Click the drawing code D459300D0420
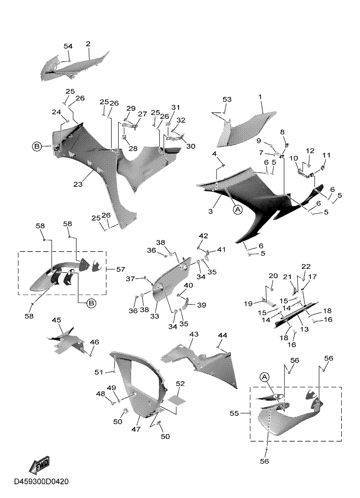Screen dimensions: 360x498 (41, 482)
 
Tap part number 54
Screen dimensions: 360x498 (68, 46)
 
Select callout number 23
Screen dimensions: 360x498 (78, 184)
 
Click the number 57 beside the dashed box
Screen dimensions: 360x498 (120, 269)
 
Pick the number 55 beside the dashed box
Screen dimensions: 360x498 (234, 413)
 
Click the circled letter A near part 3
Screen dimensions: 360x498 (237, 209)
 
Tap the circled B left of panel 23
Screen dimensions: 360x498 (37, 147)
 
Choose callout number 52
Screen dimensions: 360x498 (180, 384)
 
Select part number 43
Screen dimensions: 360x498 (194, 334)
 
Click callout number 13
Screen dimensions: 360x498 (304, 329)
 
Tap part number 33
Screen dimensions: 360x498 (155, 316)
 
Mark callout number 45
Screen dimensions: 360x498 (56, 320)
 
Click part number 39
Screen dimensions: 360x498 (202, 305)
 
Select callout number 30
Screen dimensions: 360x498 (191, 146)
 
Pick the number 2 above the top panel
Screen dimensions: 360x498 (88, 44)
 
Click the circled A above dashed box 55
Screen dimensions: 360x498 (265, 377)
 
